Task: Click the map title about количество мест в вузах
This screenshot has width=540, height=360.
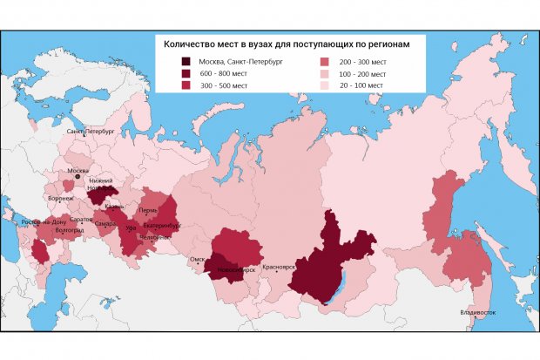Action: [x=288, y=42]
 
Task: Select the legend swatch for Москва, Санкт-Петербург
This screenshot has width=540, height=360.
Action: [x=186, y=61]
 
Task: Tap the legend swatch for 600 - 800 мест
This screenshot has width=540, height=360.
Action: [x=186, y=73]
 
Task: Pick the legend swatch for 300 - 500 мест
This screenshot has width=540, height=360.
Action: [x=186, y=85]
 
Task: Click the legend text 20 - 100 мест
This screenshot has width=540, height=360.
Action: [x=360, y=85]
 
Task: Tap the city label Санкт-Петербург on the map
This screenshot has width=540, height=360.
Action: [x=91, y=131]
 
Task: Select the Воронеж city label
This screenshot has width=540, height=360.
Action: [x=60, y=199]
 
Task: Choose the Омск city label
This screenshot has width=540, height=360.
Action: [x=198, y=258]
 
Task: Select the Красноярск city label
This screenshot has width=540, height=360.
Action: [x=280, y=266]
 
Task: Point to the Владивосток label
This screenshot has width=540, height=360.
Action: [x=478, y=311]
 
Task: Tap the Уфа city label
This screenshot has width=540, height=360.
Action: [x=131, y=228]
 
